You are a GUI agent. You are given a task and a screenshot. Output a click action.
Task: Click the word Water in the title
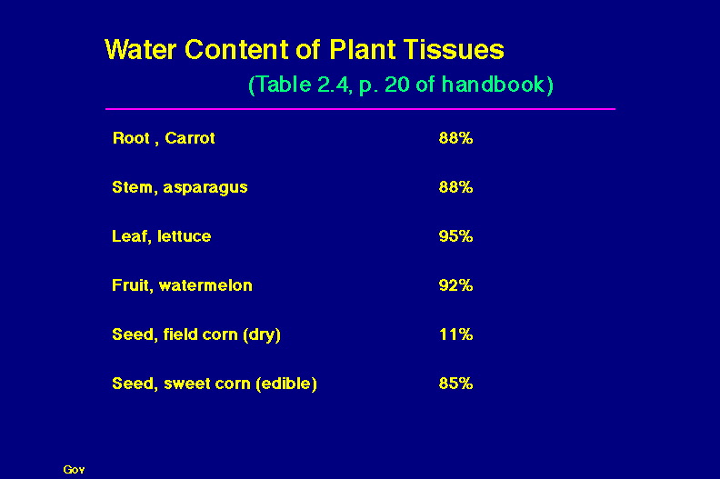pyautogui.click(x=141, y=49)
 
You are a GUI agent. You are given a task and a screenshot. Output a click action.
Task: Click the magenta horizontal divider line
pyautogui.click(x=361, y=109)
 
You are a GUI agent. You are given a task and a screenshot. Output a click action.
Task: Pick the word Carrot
pyautogui.click(x=190, y=138)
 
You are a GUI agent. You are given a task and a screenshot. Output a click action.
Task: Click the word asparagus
pyautogui.click(x=205, y=188)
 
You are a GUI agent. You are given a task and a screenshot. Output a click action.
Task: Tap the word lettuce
pyautogui.click(x=185, y=236)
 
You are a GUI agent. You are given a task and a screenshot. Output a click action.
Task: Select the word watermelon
pyautogui.click(x=205, y=285)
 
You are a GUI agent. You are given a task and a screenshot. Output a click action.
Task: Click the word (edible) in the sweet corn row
pyautogui.click(x=286, y=384)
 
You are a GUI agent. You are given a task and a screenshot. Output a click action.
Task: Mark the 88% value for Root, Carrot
pyautogui.click(x=455, y=138)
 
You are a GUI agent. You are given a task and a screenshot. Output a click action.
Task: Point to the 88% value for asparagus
pyautogui.click(x=455, y=187)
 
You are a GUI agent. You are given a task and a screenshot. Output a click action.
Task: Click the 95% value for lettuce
pyautogui.click(x=455, y=236)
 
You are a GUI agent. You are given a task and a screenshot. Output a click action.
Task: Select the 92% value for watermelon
pyautogui.click(x=455, y=285)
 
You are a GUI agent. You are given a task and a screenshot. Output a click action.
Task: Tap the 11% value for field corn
pyautogui.click(x=455, y=334)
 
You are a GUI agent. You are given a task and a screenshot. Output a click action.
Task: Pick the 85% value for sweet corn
pyautogui.click(x=455, y=384)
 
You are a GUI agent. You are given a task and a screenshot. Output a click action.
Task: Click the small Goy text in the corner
pyautogui.click(x=74, y=469)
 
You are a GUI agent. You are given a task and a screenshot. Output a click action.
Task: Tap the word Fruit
pyautogui.click(x=133, y=285)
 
